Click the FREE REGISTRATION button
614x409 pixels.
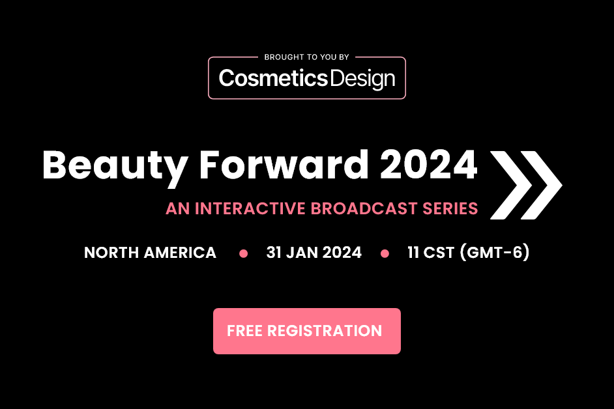306,331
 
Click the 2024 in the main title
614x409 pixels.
430,165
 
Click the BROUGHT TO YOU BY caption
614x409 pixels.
306,57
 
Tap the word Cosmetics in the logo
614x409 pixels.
272,79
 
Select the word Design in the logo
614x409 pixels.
362,79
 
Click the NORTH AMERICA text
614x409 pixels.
150,253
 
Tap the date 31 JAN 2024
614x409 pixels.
314,253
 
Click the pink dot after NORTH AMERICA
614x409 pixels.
244,253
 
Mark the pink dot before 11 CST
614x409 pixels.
385,253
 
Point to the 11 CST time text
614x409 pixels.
431,253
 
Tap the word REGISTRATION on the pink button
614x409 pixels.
325,331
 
